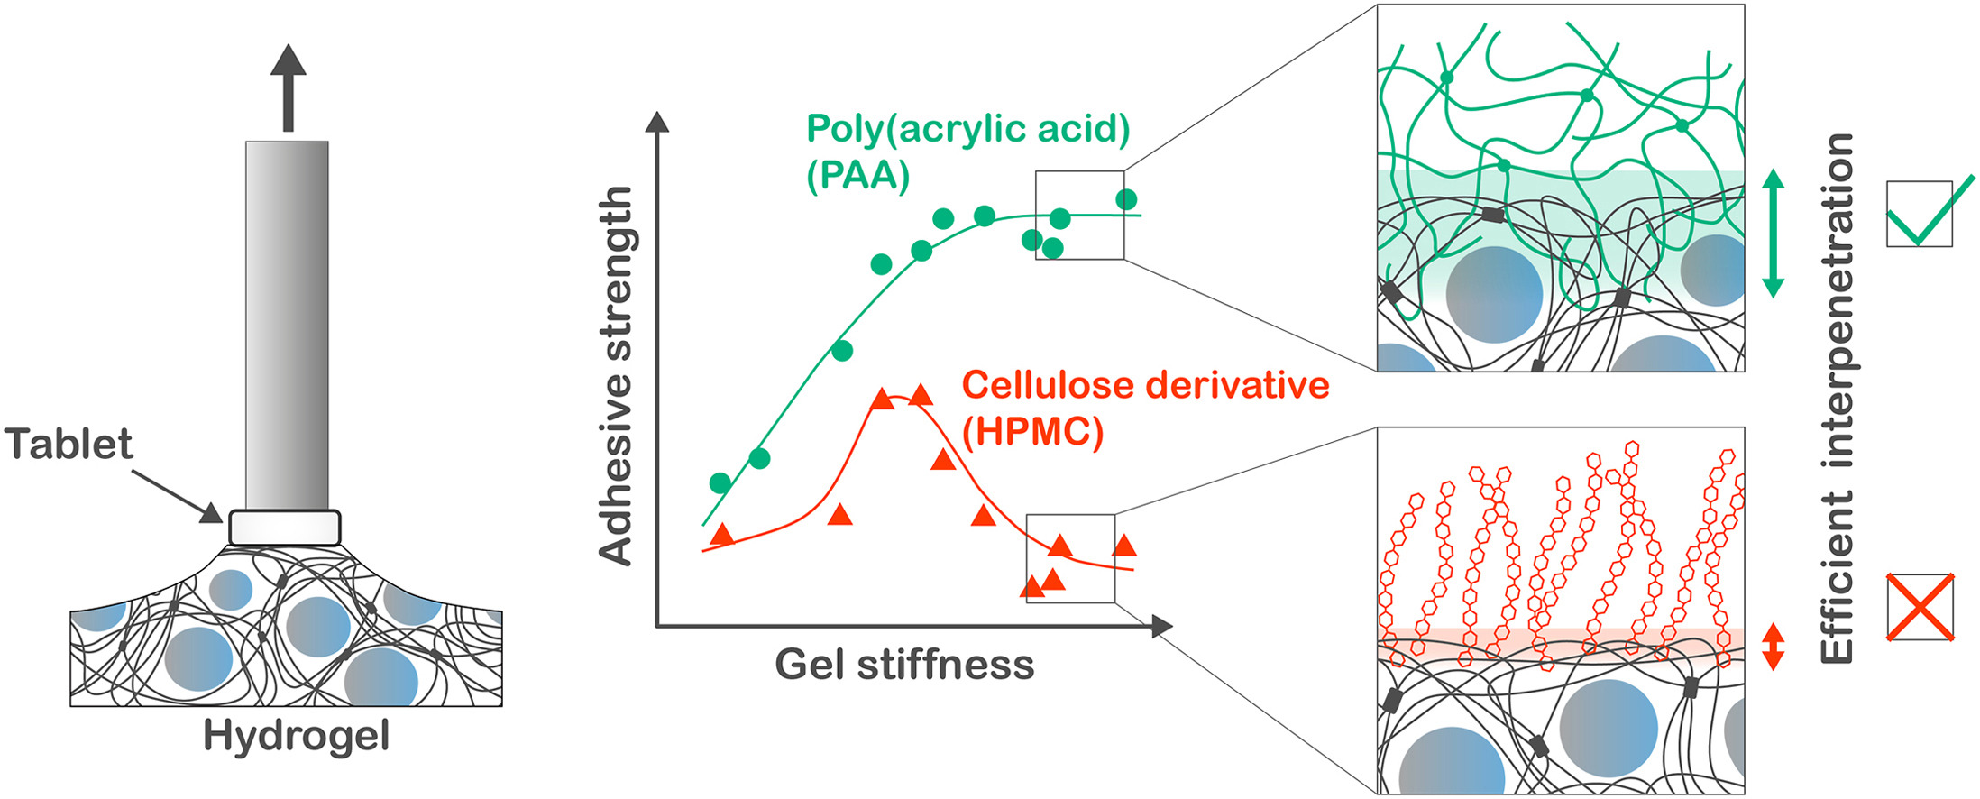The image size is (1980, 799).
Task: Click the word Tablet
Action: (x=69, y=444)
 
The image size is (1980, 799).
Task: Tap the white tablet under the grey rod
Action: (x=285, y=528)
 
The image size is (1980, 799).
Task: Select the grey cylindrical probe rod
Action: (x=287, y=326)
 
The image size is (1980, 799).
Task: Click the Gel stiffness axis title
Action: (x=904, y=666)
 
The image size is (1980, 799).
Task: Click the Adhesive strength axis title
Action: (x=617, y=376)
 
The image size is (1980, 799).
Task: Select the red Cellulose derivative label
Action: (x=1145, y=385)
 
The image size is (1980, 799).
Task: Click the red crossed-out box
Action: (x=1920, y=608)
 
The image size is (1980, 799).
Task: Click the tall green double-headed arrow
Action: (x=1773, y=234)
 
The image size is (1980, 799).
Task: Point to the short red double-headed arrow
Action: (x=1773, y=646)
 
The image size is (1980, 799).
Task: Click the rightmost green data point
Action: (x=1126, y=199)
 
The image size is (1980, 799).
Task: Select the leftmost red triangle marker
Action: (x=721, y=535)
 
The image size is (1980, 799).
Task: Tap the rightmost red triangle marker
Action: (x=1124, y=545)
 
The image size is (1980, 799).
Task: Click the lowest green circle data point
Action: (x=720, y=482)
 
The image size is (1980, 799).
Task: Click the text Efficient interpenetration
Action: (x=1837, y=399)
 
